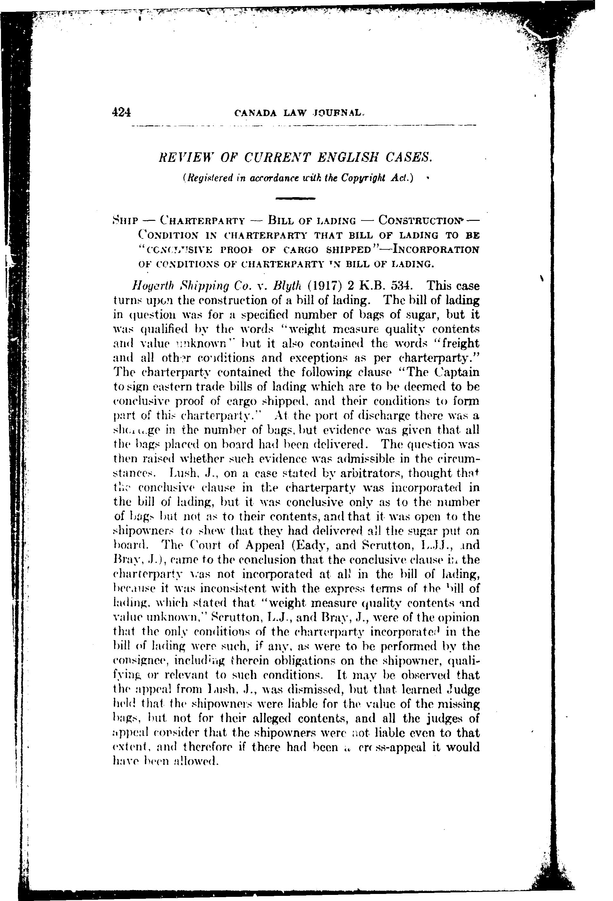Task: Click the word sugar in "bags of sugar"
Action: (x=422, y=314)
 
